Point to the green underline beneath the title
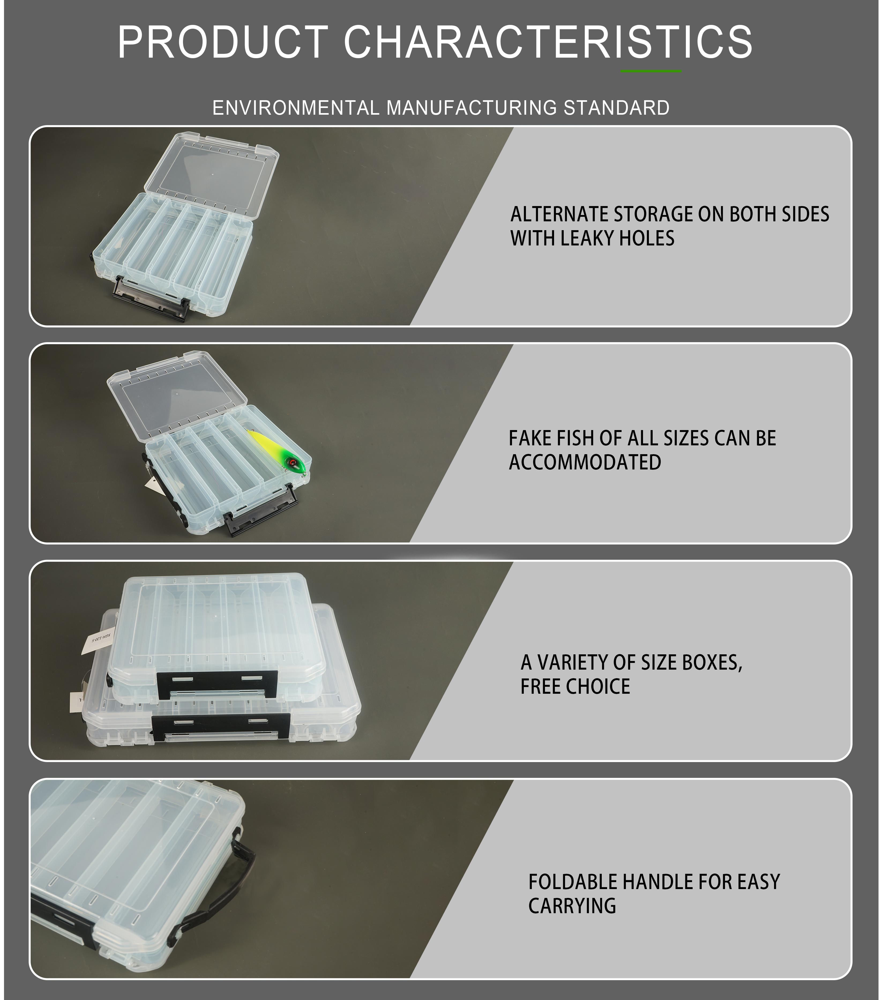coord(651,72)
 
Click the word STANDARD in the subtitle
coord(616,108)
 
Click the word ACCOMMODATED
coord(585,462)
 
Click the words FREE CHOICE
coord(575,686)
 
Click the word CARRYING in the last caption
coord(572,906)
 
